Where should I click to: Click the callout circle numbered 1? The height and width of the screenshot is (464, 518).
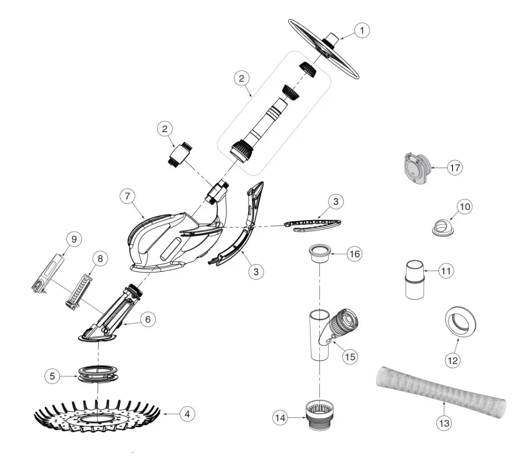[362, 30]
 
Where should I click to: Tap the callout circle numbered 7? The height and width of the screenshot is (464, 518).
[127, 196]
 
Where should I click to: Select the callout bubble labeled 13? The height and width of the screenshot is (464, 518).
[444, 423]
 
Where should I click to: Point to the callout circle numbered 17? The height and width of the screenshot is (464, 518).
[455, 168]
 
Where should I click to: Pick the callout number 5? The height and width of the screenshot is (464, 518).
[52, 376]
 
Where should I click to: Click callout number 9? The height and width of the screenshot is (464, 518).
[74, 239]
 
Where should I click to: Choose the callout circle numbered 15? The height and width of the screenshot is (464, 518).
[350, 356]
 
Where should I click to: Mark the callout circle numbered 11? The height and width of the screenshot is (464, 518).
[446, 271]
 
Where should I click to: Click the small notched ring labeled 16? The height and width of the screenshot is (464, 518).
[320, 253]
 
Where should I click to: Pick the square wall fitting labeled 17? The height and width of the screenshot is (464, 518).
[416, 168]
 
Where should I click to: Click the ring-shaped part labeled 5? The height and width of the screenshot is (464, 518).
[98, 374]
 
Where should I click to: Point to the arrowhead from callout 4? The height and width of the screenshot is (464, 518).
[162, 414]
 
